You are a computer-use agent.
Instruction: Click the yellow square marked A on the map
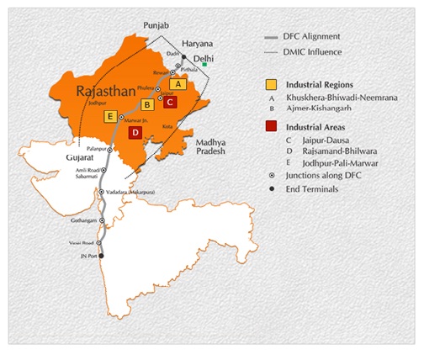tap(177, 84)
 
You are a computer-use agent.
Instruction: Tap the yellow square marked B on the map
tap(147, 105)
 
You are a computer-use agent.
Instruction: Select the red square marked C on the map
tap(169, 102)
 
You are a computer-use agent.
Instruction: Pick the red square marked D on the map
tap(134, 132)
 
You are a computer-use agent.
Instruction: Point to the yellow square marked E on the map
tap(109, 116)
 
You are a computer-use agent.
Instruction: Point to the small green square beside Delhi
tap(215, 64)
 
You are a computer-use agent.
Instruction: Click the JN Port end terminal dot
tap(102, 256)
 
